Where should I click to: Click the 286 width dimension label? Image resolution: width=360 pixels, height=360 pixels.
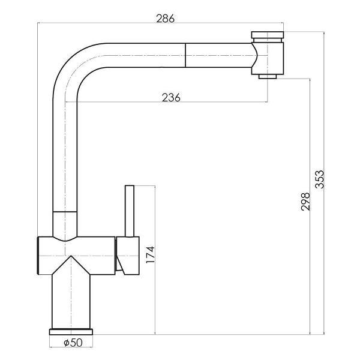coord(166,19)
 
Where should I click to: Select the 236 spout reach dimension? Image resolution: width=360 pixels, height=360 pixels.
coord(171,98)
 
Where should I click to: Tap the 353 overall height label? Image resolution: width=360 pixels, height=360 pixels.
coord(319,179)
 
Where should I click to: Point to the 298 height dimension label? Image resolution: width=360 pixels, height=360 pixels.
coord(305,202)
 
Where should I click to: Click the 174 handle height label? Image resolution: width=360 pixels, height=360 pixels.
coord(151,254)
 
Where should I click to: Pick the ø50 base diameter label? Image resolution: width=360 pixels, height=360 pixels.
coord(73,343)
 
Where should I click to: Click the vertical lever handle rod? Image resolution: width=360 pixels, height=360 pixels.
coord(130,211)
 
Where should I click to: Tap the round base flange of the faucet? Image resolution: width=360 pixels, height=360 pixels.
coord(71,332)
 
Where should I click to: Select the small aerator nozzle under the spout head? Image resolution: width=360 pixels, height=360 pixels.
coord(268,76)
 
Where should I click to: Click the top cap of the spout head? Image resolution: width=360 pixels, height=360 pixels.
coord(268,35)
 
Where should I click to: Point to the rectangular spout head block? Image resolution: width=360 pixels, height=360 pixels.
coord(268,58)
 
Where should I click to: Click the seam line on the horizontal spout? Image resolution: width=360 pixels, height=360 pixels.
coord(185,55)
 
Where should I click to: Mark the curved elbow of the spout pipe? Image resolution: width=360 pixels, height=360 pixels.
coord(69,60)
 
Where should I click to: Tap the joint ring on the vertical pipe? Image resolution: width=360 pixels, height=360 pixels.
coord(65,211)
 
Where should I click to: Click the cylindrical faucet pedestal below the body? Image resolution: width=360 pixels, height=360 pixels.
coord(71,301)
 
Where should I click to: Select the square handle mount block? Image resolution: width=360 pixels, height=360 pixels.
coord(128,256)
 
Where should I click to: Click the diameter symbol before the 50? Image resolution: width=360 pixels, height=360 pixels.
coord(67,343)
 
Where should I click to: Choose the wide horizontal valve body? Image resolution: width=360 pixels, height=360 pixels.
coord(76,256)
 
